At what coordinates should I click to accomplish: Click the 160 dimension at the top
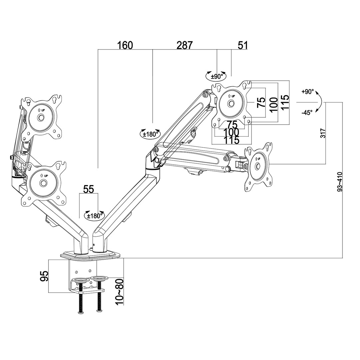pyautogui.click(x=125, y=45)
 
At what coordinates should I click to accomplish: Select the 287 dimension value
pyautogui.click(x=185, y=45)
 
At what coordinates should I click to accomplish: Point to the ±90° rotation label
pyautogui.click(x=217, y=76)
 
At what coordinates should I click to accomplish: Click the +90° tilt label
pyautogui.click(x=308, y=92)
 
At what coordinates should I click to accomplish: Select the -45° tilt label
pyautogui.click(x=307, y=113)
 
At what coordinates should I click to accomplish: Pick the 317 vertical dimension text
pyautogui.click(x=322, y=133)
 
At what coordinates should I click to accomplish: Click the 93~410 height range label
pyautogui.click(x=340, y=182)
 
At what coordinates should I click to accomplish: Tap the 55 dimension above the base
pyautogui.click(x=88, y=189)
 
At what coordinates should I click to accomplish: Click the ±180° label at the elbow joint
pyautogui.click(x=150, y=134)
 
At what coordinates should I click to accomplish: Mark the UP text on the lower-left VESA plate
pyautogui.click(x=44, y=176)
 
